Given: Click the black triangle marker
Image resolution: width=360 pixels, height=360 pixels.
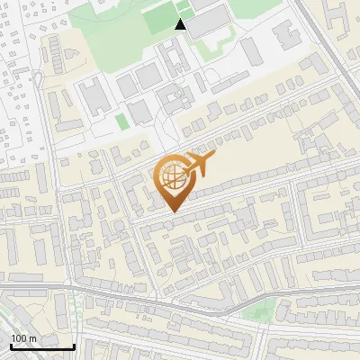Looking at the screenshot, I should coord(180,24).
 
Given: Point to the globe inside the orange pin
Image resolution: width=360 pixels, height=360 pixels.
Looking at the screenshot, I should coord(172,176).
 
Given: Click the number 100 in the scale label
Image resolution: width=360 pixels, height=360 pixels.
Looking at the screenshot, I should coord(19,338).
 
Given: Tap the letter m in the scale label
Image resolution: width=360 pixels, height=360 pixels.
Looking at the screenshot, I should coord(32,338).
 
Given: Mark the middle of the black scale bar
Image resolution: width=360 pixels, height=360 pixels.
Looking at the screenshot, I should coord(42,346).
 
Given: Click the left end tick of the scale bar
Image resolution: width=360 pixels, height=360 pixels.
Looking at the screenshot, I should coord(11,346).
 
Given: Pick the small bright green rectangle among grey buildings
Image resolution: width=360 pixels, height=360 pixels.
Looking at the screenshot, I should coord(121,121).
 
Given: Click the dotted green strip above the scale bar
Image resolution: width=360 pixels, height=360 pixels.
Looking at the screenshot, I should coord(76,306).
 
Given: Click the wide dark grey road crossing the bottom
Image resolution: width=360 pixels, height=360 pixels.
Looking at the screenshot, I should coord(180,305).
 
